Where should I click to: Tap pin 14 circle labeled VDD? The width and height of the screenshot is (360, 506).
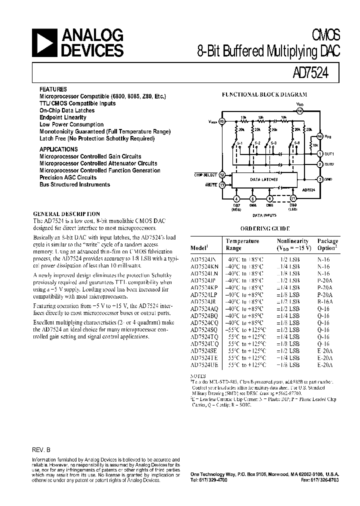[x=299, y=110]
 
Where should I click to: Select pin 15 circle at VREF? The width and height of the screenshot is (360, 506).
[x=222, y=121]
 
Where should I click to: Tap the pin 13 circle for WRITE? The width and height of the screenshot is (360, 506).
[x=222, y=185]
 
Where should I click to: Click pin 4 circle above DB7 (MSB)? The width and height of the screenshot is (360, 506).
[x=236, y=199]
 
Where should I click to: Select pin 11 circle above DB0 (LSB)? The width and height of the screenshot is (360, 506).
[x=293, y=199]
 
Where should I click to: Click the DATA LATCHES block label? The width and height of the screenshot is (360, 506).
[x=263, y=179]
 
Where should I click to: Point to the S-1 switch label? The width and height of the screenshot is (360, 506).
[x=239, y=143]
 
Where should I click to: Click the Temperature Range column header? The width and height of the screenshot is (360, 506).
[x=242, y=244]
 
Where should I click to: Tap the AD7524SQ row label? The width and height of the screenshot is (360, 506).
[x=203, y=330]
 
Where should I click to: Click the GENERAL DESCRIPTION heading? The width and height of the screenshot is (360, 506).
[x=66, y=213]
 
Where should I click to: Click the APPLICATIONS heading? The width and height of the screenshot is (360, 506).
[x=58, y=149]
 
